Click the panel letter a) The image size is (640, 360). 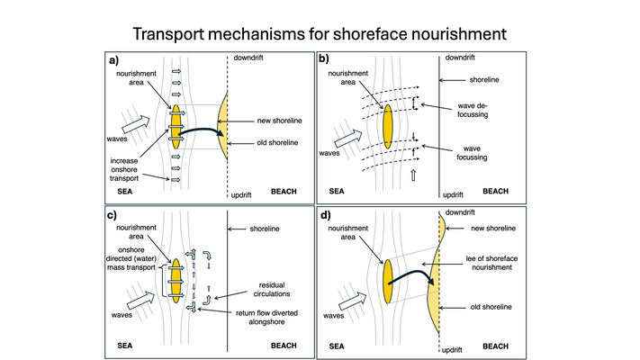point(114,61)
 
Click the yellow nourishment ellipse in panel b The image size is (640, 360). point(388,127)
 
